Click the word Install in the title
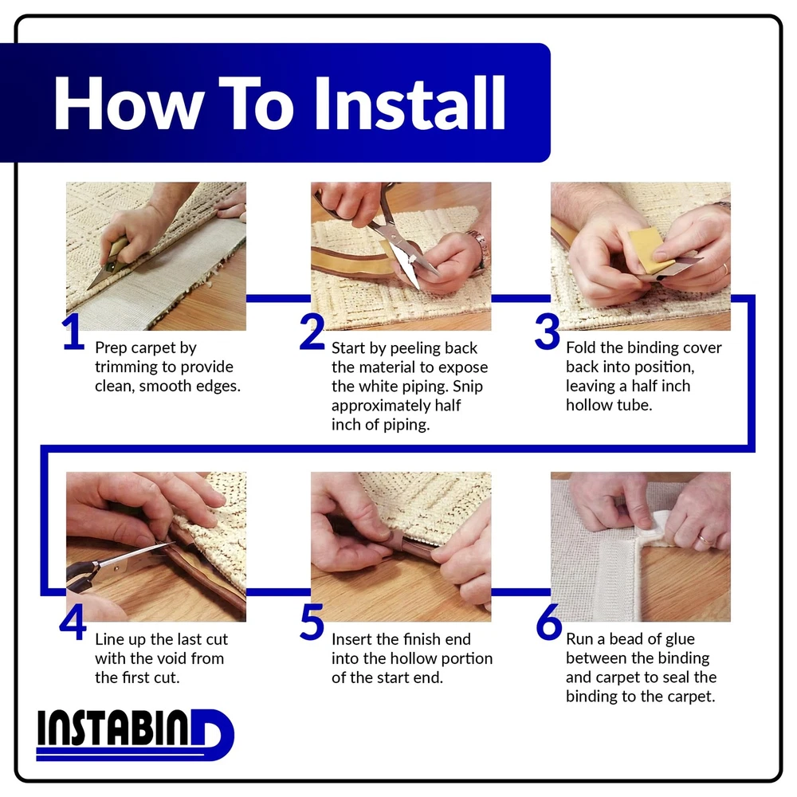click(x=410, y=103)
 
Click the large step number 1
click(x=73, y=332)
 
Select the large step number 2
click(x=312, y=332)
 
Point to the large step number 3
click(x=547, y=332)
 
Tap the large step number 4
click(x=73, y=622)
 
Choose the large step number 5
click(x=312, y=622)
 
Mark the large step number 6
click(x=549, y=622)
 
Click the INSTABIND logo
click(x=135, y=735)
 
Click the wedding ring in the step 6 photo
click(x=705, y=539)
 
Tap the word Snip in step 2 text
click(x=468, y=387)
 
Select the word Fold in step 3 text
click(x=580, y=347)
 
